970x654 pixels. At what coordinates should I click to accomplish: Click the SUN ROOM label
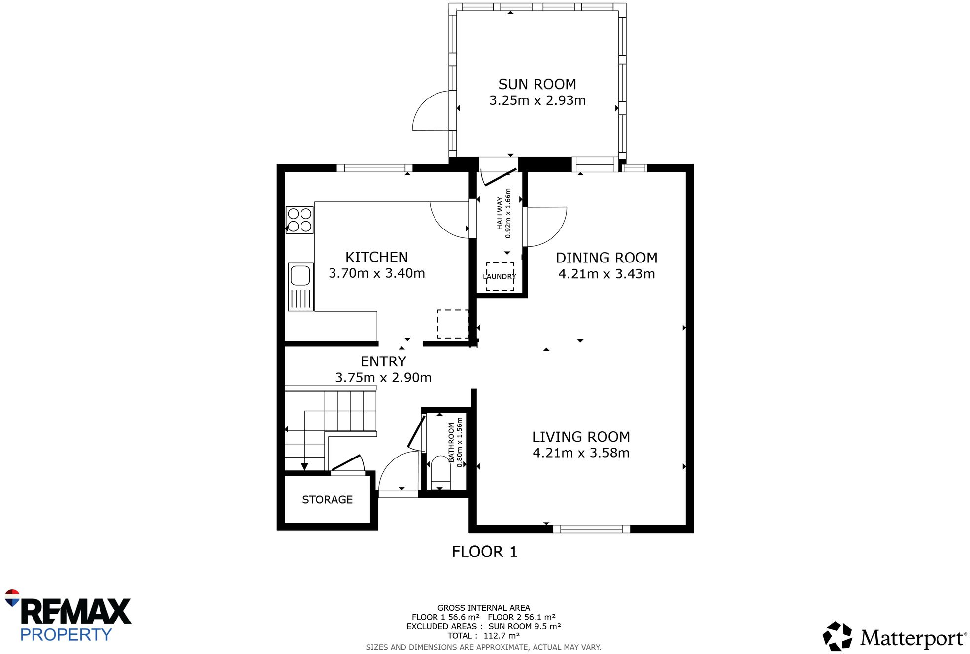pos(537,84)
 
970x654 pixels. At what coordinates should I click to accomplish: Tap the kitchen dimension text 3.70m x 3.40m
pos(376,273)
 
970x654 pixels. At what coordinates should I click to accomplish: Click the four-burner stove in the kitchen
pos(300,220)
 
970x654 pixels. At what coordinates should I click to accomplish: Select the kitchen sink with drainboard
pos(301,287)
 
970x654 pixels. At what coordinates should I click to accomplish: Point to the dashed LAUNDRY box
pos(500,276)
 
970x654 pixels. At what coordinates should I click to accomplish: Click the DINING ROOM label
pos(606,258)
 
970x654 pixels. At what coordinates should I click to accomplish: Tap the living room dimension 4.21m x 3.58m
pos(581,453)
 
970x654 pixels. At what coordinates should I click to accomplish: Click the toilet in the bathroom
pos(440,473)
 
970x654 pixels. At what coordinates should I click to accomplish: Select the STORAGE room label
pos(327,500)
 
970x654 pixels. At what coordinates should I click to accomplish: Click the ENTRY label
pos(383,361)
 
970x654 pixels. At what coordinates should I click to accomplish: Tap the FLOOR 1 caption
pos(484,552)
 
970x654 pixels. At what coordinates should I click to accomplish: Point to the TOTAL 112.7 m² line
pos(484,636)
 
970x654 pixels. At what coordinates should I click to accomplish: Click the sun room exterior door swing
pos(431,112)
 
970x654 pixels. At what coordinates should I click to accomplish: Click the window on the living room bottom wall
pos(591,529)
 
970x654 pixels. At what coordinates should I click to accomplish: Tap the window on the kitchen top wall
pos(374,168)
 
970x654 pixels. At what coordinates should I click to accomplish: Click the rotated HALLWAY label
pos(500,213)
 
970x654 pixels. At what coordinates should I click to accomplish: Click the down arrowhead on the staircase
pos(304,466)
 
